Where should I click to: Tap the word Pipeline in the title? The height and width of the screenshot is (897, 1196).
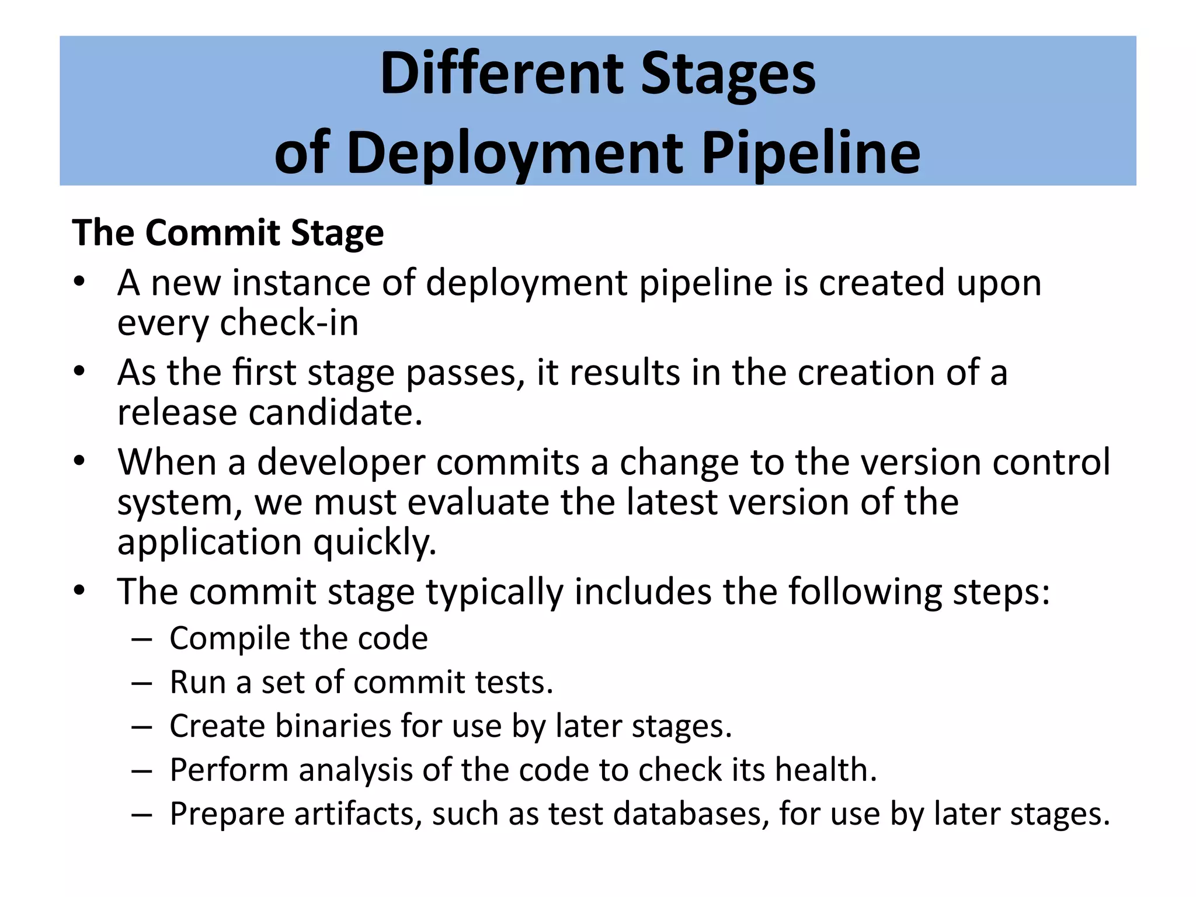click(x=810, y=154)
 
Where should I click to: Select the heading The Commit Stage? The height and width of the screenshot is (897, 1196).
click(x=228, y=233)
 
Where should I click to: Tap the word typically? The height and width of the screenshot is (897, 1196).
click(x=494, y=592)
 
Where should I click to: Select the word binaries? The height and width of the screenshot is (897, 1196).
click(x=333, y=726)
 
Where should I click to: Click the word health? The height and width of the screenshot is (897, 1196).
click(x=825, y=770)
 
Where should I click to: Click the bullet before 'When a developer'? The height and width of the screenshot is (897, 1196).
click(x=80, y=462)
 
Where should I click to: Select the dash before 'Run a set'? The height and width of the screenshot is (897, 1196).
click(x=142, y=683)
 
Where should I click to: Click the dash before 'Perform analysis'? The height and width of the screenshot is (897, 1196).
click(x=142, y=770)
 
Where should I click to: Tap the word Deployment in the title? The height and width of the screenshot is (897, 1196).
click(x=514, y=154)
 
